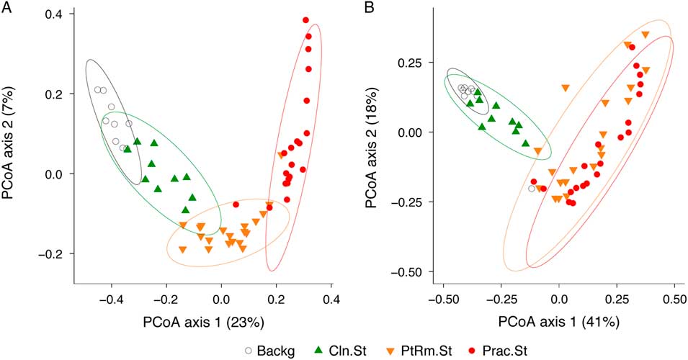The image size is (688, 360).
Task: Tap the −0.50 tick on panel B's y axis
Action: point(414,271)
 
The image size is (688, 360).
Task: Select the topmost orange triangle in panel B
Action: point(645,35)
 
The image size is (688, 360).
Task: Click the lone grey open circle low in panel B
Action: point(532,189)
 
